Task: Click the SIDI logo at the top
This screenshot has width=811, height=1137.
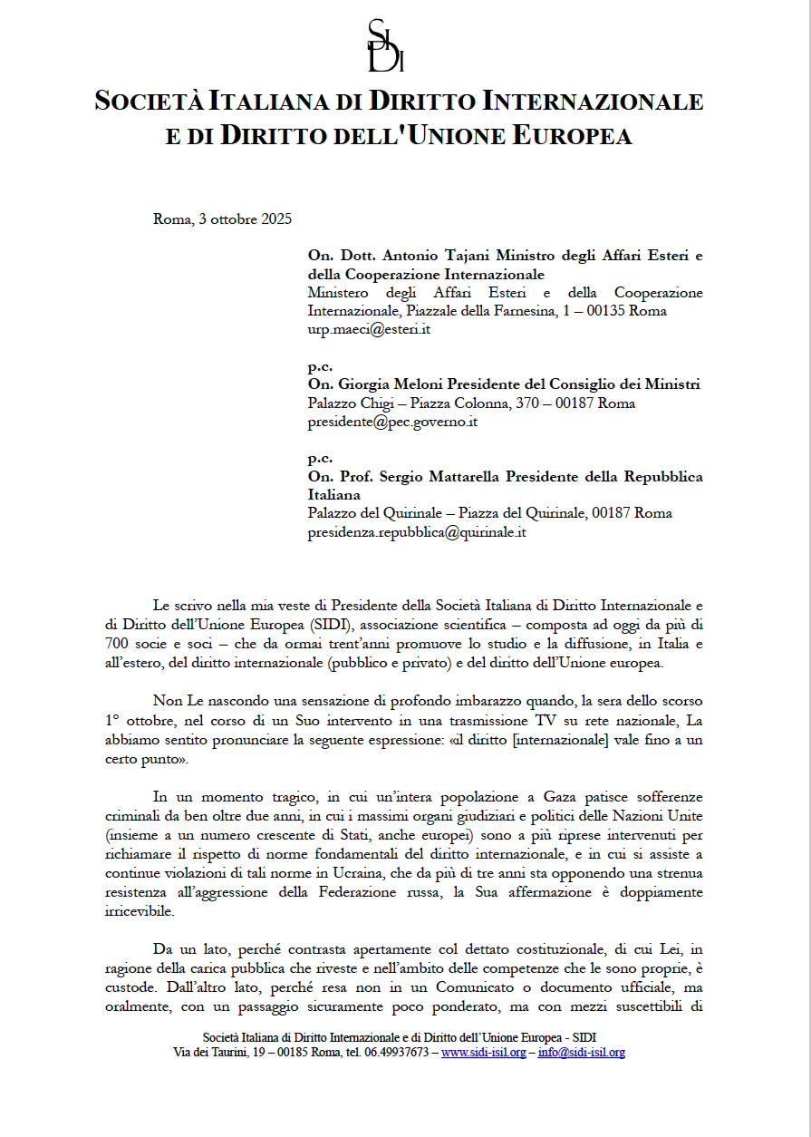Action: tap(385, 45)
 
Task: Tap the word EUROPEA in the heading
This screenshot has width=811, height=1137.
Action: tap(573, 136)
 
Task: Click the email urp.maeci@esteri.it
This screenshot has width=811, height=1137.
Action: tap(369, 329)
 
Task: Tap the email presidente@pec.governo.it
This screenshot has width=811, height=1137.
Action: tap(392, 422)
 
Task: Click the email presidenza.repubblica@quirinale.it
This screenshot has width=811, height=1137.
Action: tap(417, 532)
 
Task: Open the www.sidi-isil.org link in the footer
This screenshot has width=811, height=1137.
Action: tap(483, 1053)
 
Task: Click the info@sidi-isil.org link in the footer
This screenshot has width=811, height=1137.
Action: tap(581, 1053)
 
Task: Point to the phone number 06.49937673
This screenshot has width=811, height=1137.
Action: tap(391, 1053)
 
